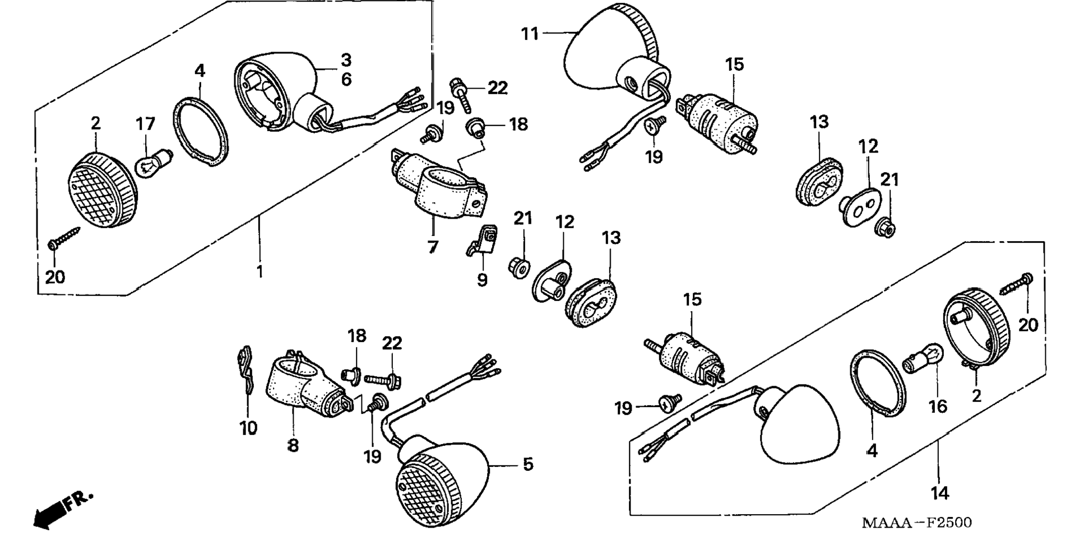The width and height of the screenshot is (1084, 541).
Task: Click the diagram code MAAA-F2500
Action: click(916, 523)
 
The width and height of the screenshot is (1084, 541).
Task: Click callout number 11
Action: click(530, 34)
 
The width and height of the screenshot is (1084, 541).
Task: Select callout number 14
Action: click(940, 493)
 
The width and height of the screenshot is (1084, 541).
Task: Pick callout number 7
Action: click(433, 247)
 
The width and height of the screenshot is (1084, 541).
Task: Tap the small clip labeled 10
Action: click(244, 373)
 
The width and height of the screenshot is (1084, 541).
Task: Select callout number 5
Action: click(528, 465)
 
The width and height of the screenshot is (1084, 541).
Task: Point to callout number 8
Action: click(293, 446)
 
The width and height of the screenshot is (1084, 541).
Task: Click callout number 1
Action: click(260, 272)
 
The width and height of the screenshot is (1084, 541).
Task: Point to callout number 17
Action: click(145, 123)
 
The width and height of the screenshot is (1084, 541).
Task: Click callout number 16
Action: click(938, 406)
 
